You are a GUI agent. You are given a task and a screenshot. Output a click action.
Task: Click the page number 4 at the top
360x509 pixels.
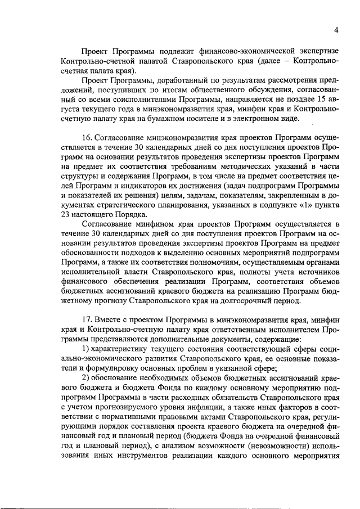point(336,30)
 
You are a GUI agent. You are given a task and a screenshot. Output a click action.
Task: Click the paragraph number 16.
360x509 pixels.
point(88,137)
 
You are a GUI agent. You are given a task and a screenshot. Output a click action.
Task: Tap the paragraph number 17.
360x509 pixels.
point(88,320)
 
